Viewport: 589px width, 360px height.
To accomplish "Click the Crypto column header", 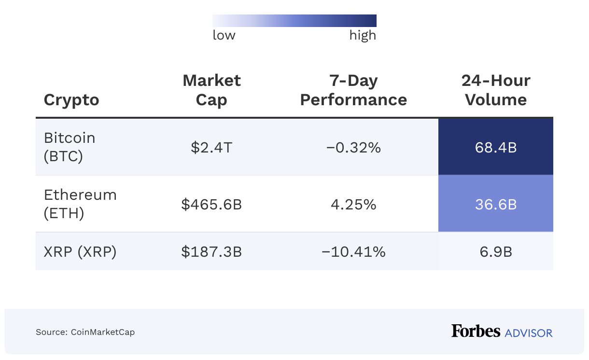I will (x=71, y=100).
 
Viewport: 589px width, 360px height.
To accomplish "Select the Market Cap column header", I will (x=211, y=90).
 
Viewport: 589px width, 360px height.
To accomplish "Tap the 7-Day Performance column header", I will (x=353, y=90).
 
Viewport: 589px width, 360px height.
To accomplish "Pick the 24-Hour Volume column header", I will (x=495, y=90).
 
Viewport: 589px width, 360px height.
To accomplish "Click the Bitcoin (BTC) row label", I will (x=70, y=147).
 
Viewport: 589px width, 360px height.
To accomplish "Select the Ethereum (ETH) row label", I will (x=80, y=204).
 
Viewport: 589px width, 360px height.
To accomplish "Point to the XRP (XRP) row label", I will (x=80, y=251).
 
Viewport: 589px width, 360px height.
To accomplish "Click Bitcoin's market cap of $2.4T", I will (x=211, y=147).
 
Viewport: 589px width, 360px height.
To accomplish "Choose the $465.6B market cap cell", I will (x=211, y=204).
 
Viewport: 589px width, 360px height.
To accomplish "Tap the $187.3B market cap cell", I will (x=211, y=251).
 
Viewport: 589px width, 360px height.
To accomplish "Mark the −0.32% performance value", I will (x=353, y=147).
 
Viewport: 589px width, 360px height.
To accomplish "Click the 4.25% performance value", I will (x=353, y=204).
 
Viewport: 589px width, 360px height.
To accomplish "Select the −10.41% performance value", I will (x=353, y=251).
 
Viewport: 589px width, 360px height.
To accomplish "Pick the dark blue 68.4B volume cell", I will (x=495, y=147).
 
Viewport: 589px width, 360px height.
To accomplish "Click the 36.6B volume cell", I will (x=495, y=204).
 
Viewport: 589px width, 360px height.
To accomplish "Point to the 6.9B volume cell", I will (x=495, y=251).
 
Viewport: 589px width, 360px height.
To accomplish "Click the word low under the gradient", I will (x=224, y=35).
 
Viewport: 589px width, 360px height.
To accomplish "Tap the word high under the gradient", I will (x=363, y=35).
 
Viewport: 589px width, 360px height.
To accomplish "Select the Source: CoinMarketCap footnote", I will (x=85, y=332).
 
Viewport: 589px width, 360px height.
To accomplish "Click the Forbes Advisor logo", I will (x=502, y=332).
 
